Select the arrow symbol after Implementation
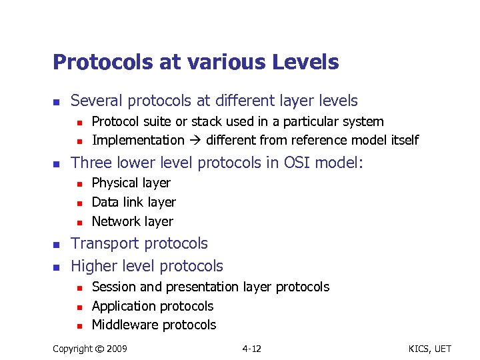tap(195, 140)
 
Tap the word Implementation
tap(138, 140)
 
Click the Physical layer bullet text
tap(131, 183)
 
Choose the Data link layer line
tap(133, 202)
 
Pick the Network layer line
tap(132, 221)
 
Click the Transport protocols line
tap(139, 243)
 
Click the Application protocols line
tap(152, 306)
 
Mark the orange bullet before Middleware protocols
tap(78, 326)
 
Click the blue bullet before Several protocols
tap(57, 102)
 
